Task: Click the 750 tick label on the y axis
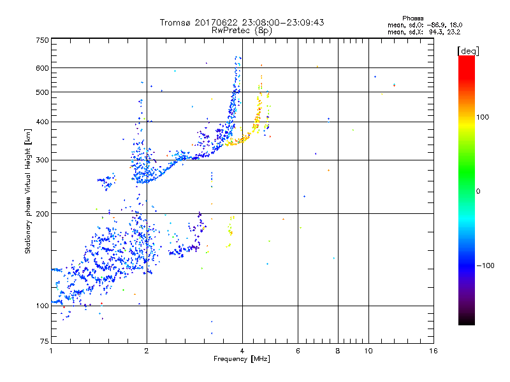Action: point(42,39)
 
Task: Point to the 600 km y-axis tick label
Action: point(42,68)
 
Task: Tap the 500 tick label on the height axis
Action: point(42,92)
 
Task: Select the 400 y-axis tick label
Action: point(42,122)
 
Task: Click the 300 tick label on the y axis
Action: point(42,160)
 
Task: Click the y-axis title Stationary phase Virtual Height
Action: point(27,190)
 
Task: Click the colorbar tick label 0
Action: point(477,191)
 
